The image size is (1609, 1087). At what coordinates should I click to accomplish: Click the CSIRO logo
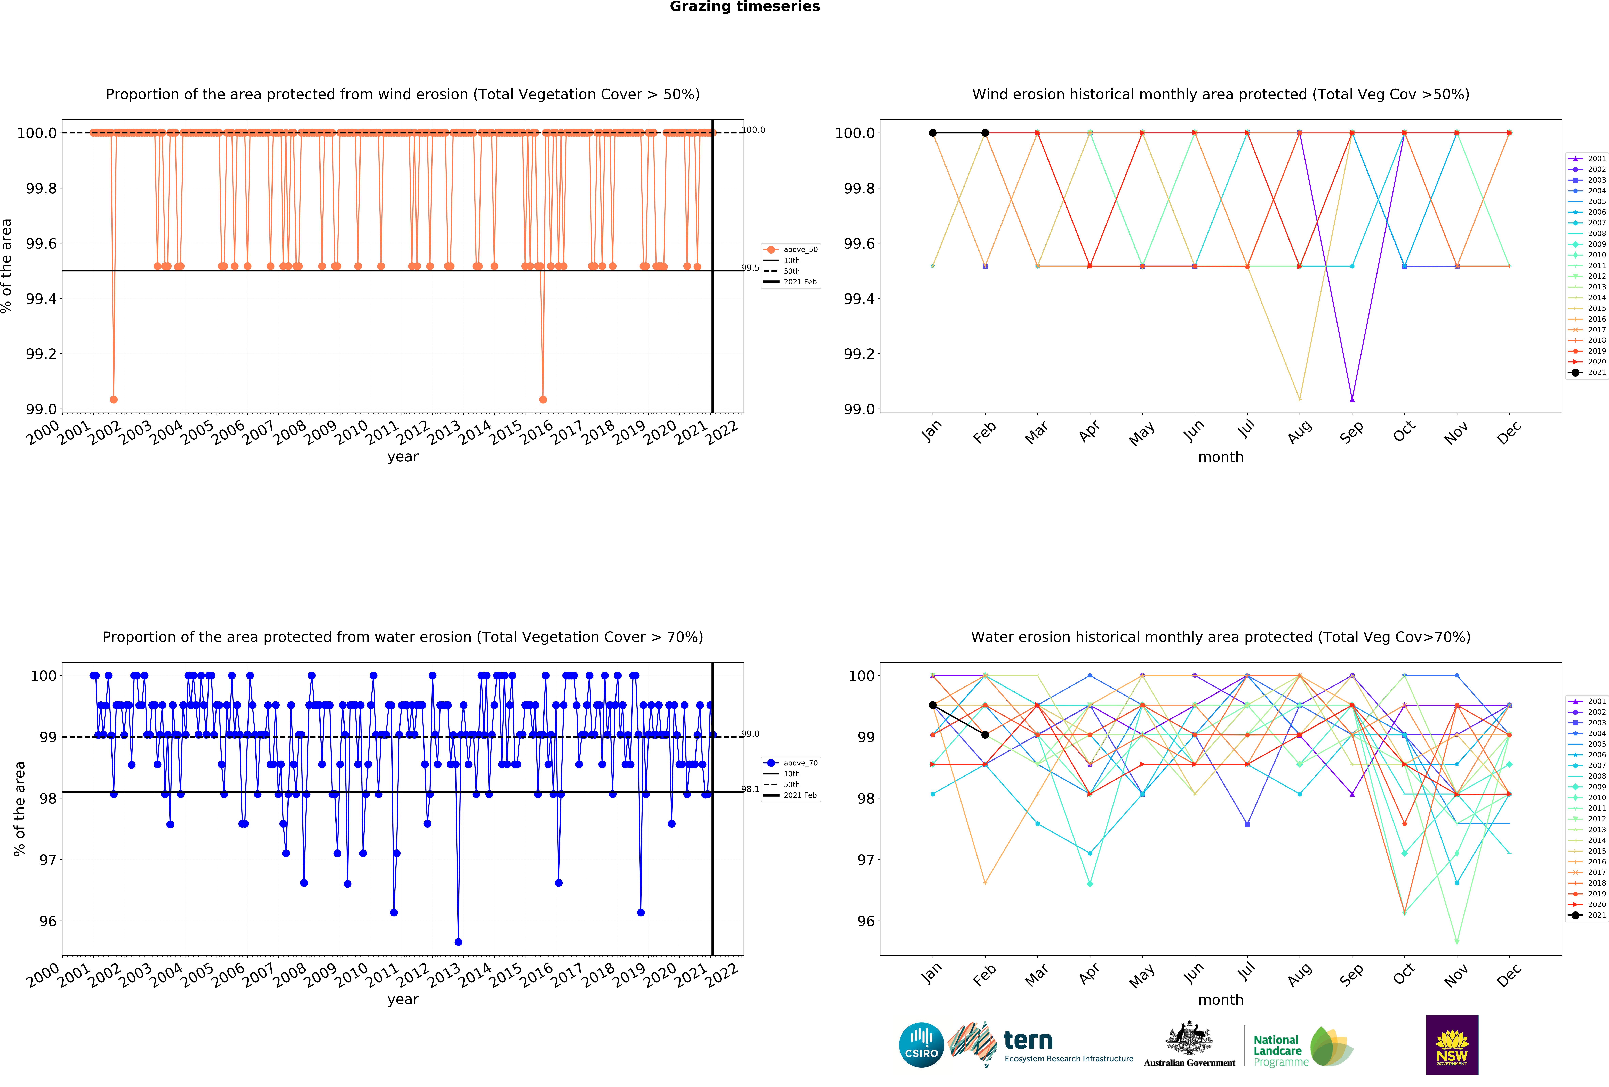click(921, 1045)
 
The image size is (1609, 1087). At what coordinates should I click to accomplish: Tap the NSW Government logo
click(1452, 1045)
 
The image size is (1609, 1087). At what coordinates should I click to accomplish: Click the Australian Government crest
click(1189, 1038)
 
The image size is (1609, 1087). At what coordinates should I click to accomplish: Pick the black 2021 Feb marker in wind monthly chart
click(985, 133)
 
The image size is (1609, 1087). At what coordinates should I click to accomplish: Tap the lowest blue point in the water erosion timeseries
click(458, 942)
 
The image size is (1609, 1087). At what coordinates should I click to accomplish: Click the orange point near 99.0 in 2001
click(114, 399)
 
